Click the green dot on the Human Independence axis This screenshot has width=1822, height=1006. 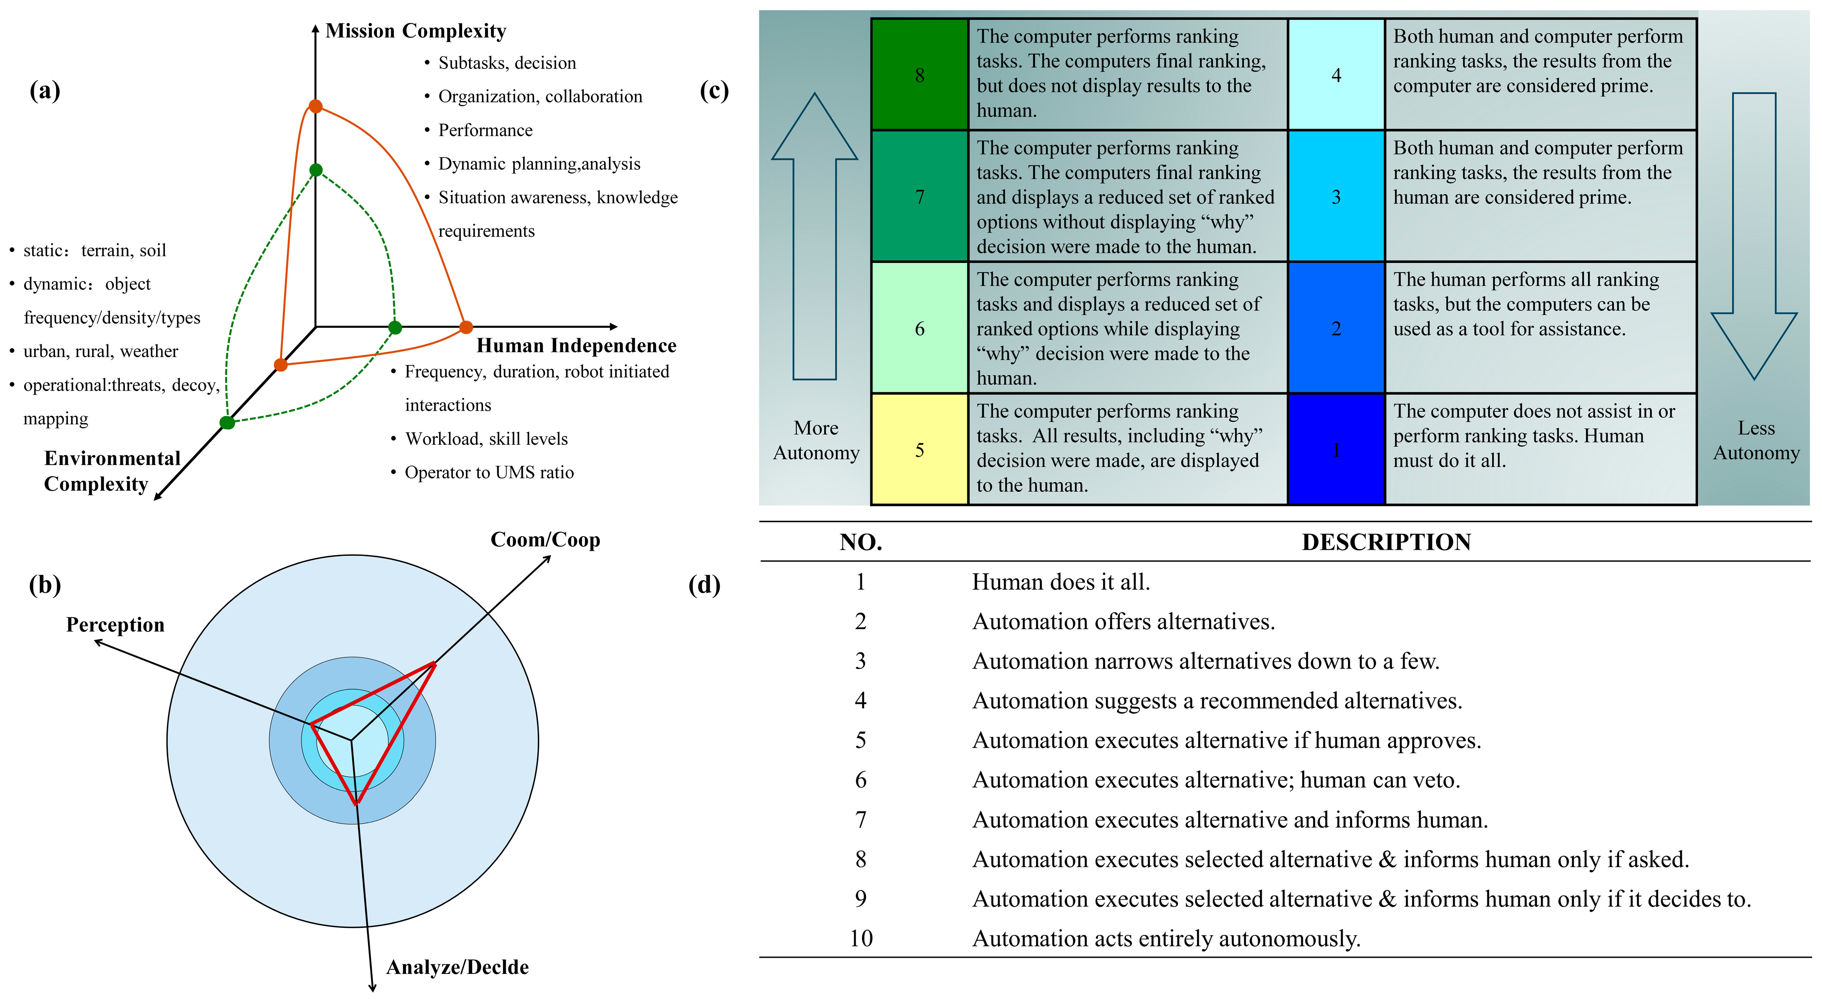pyautogui.click(x=395, y=327)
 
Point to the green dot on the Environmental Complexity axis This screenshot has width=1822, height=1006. pyautogui.click(x=227, y=423)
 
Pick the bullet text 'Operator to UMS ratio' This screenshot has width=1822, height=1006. pyautogui.click(x=489, y=472)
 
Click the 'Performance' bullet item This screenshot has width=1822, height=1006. pyautogui.click(x=485, y=130)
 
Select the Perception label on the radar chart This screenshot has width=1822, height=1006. pyautogui.click(x=115, y=625)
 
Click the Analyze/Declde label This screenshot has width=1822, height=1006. pyautogui.click(x=457, y=967)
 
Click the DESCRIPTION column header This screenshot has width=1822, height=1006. pyautogui.click(x=1386, y=542)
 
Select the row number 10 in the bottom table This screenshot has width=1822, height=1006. pyautogui.click(x=861, y=939)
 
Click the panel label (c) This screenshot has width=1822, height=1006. pyautogui.click(x=713, y=91)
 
